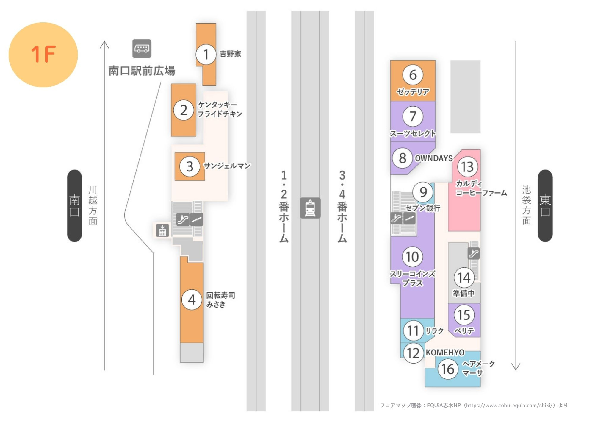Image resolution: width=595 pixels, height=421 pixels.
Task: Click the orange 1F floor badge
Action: tap(43, 55)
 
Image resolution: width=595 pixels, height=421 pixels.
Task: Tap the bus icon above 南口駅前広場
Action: tap(142, 49)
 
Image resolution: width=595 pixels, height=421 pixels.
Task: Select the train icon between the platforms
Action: tap(310, 208)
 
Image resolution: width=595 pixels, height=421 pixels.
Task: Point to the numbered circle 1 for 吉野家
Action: tap(206, 54)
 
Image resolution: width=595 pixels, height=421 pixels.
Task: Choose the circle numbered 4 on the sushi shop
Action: tap(192, 300)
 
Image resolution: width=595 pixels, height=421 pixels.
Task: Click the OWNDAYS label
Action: tap(434, 158)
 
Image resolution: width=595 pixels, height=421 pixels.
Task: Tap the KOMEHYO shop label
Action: tap(445, 353)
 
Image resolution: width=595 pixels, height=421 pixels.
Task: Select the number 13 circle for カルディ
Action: tap(467, 167)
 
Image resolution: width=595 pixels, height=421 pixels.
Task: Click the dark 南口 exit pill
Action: tap(74, 206)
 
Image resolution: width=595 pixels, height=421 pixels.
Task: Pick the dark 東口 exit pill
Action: tap(545, 206)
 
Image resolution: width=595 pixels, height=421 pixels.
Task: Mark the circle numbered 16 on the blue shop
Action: tap(448, 369)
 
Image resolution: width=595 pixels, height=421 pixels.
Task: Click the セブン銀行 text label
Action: tap(423, 208)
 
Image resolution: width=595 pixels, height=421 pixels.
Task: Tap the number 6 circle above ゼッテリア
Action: tap(413, 75)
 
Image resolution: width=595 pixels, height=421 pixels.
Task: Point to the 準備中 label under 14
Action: tap(464, 293)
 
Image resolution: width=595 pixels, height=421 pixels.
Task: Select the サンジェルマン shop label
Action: tap(227, 166)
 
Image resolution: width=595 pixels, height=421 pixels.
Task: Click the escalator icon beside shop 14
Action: tap(473, 253)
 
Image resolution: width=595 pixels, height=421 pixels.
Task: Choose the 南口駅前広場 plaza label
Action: tap(142, 71)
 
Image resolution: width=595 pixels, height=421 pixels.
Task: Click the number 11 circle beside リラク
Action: tap(413, 330)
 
